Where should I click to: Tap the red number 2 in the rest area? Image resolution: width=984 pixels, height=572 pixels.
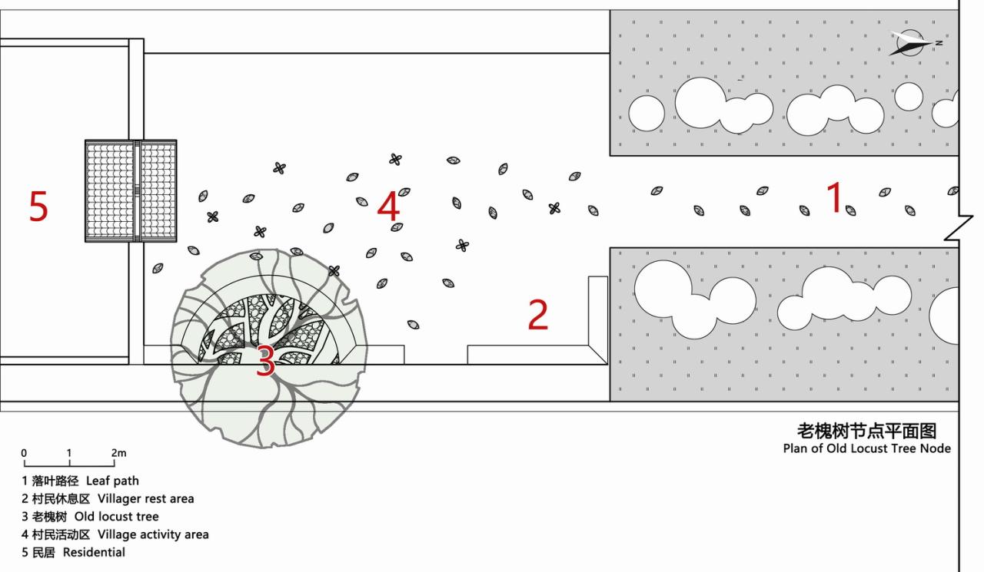(x=538, y=315)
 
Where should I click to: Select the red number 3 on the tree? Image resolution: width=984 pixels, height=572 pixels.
(x=264, y=362)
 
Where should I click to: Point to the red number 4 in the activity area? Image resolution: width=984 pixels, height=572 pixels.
(x=389, y=207)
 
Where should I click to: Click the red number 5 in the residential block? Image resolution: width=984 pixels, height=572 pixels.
(x=38, y=206)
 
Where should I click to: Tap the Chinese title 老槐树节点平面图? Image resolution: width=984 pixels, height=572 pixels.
(x=867, y=430)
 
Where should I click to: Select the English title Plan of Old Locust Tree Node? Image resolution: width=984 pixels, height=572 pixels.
(x=867, y=448)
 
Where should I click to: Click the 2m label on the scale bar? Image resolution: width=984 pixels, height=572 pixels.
(x=118, y=453)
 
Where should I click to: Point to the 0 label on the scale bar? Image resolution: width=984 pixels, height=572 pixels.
(x=24, y=453)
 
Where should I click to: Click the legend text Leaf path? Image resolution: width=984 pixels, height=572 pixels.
(x=112, y=481)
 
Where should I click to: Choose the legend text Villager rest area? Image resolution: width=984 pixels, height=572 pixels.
(x=146, y=498)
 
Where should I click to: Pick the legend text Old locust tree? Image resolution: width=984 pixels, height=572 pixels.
(x=117, y=517)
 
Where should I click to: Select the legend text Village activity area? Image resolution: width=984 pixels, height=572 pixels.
(x=153, y=534)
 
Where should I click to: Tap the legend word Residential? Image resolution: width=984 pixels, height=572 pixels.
(x=94, y=552)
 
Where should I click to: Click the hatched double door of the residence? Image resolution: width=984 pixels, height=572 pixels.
(x=131, y=190)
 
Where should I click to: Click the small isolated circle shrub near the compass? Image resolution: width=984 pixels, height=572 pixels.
(x=909, y=96)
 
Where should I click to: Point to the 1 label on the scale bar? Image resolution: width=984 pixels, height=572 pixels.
(x=69, y=453)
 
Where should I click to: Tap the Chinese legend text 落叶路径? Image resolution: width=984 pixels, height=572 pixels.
(x=55, y=481)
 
